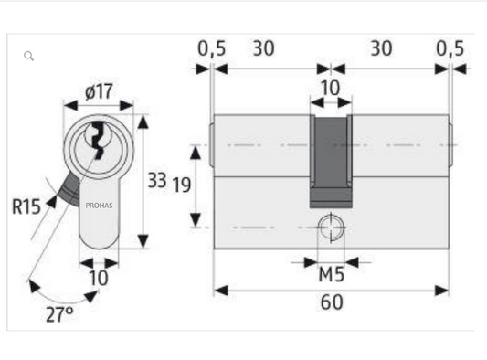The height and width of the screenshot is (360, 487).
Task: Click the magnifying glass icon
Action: point(28,56)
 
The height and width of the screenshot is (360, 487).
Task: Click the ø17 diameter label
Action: point(99,91)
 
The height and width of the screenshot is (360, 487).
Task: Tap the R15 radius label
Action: point(26,206)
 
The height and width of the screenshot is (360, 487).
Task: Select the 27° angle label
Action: point(59,314)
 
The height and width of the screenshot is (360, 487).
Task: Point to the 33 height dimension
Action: point(157,180)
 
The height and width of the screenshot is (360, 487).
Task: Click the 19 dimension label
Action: point(182,185)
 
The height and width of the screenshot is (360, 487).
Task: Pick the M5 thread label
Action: point(332,275)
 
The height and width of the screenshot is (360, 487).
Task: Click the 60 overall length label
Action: point(332,302)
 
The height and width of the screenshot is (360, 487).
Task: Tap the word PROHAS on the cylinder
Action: point(99,206)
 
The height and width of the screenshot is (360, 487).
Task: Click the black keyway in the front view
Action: point(99,139)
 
